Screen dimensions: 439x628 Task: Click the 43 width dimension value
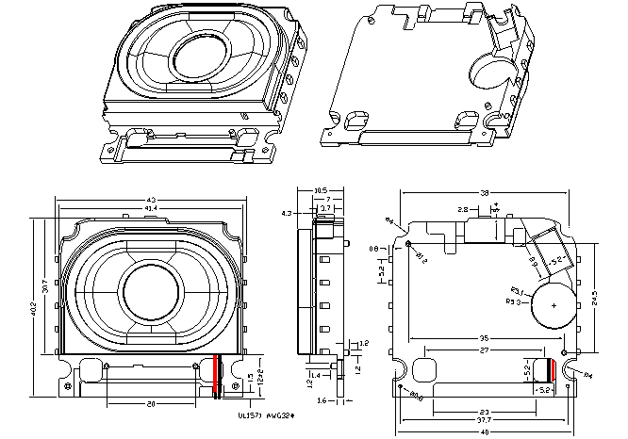pyautogui.click(x=151, y=199)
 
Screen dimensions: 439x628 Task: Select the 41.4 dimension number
pyautogui.click(x=151, y=207)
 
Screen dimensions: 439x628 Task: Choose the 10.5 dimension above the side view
pyautogui.click(x=320, y=189)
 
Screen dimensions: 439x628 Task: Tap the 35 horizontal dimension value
pyautogui.click(x=482, y=337)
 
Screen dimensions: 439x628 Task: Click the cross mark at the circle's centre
pyautogui.click(x=554, y=307)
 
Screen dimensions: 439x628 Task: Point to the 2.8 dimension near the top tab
pyautogui.click(x=462, y=209)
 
